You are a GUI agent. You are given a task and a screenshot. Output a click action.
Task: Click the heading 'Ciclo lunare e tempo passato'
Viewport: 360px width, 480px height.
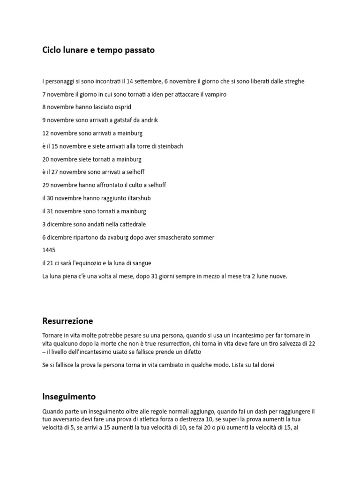(98, 50)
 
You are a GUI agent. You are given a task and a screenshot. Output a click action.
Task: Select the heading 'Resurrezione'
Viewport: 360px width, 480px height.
(67, 321)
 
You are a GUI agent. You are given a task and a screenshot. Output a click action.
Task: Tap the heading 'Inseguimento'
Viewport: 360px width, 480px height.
(69, 397)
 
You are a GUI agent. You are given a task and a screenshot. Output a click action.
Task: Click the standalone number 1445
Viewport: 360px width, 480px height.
(49, 250)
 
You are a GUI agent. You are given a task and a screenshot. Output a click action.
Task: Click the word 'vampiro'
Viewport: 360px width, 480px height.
(216, 94)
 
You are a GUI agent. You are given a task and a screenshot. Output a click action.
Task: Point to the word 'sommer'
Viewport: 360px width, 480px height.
(202, 238)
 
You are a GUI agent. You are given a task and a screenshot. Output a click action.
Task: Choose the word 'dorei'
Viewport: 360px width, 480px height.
(265, 365)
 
